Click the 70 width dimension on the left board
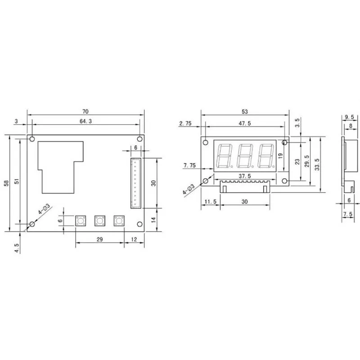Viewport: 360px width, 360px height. [85, 112]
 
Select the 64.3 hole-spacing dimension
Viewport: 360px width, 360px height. [85, 121]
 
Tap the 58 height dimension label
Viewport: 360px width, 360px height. [6, 183]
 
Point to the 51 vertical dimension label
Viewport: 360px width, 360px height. [17, 181]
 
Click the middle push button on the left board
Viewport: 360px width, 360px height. [100, 221]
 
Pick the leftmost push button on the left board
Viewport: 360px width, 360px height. [81, 221]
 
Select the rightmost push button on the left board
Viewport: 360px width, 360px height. [119, 221]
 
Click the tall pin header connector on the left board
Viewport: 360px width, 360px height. [136, 183]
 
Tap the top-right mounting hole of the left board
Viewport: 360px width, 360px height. [139, 139]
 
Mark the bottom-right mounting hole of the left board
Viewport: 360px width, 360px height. [139, 224]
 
